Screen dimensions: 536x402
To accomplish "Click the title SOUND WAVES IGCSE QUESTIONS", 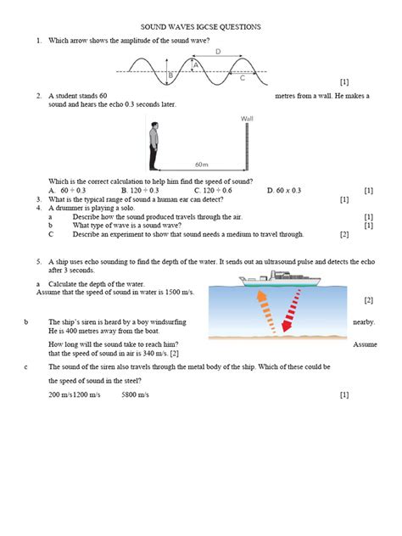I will tap(200, 27).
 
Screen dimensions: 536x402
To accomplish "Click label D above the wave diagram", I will tap(218, 52).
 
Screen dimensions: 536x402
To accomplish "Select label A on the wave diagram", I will tap(196, 64).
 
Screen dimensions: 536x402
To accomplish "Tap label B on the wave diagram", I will tap(170, 76).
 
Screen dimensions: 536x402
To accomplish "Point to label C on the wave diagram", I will tap(242, 79).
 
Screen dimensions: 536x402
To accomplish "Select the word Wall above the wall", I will tap(247, 118).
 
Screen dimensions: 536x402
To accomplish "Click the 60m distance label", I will tap(200, 164).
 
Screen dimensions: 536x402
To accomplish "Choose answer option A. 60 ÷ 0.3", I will tap(69, 191).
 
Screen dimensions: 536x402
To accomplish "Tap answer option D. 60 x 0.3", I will tap(285, 191).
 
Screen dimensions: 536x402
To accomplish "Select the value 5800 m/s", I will tap(137, 395).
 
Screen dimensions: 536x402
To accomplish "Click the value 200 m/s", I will tap(60, 395).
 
